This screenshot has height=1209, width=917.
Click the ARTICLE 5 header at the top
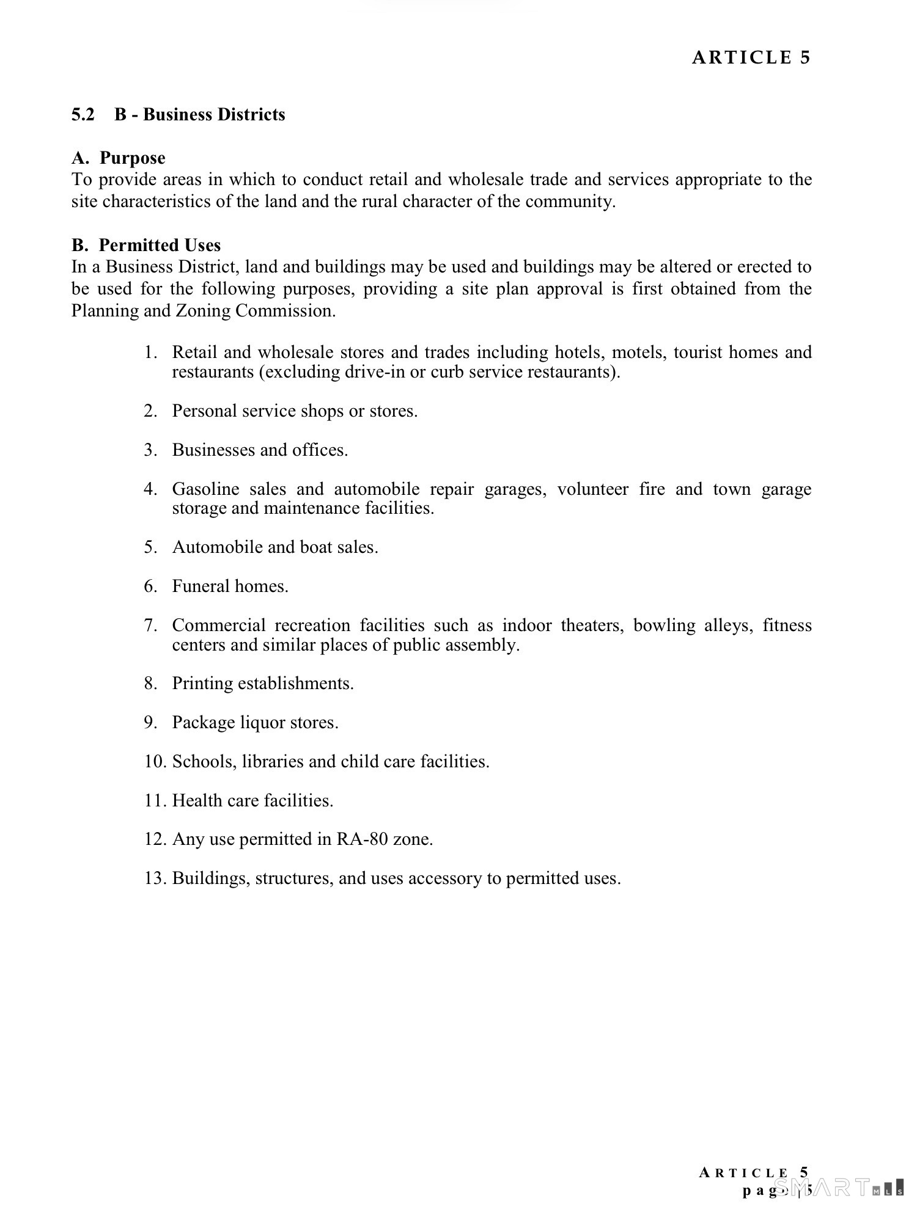point(751,57)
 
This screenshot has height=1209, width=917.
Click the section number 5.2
point(83,115)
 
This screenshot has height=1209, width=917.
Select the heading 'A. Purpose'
point(119,158)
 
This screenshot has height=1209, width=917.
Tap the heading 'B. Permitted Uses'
point(146,245)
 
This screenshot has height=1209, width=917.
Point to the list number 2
point(150,411)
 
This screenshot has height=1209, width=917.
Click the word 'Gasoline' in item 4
point(205,489)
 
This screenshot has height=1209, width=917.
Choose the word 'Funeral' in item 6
point(201,586)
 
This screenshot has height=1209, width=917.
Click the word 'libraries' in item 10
point(278,762)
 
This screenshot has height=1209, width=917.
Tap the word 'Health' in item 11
point(196,801)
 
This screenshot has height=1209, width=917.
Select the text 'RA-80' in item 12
point(362,839)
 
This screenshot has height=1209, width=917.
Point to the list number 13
point(155,878)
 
